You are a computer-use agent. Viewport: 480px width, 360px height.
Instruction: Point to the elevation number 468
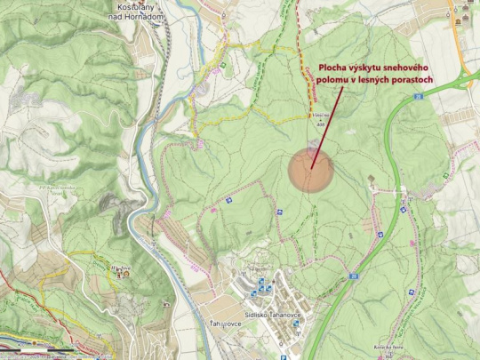(319, 122)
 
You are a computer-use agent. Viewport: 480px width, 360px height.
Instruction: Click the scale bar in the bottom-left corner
(36, 353)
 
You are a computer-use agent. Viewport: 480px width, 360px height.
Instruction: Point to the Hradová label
(118, 265)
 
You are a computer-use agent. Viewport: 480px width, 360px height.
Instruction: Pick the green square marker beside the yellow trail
(221, 64)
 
